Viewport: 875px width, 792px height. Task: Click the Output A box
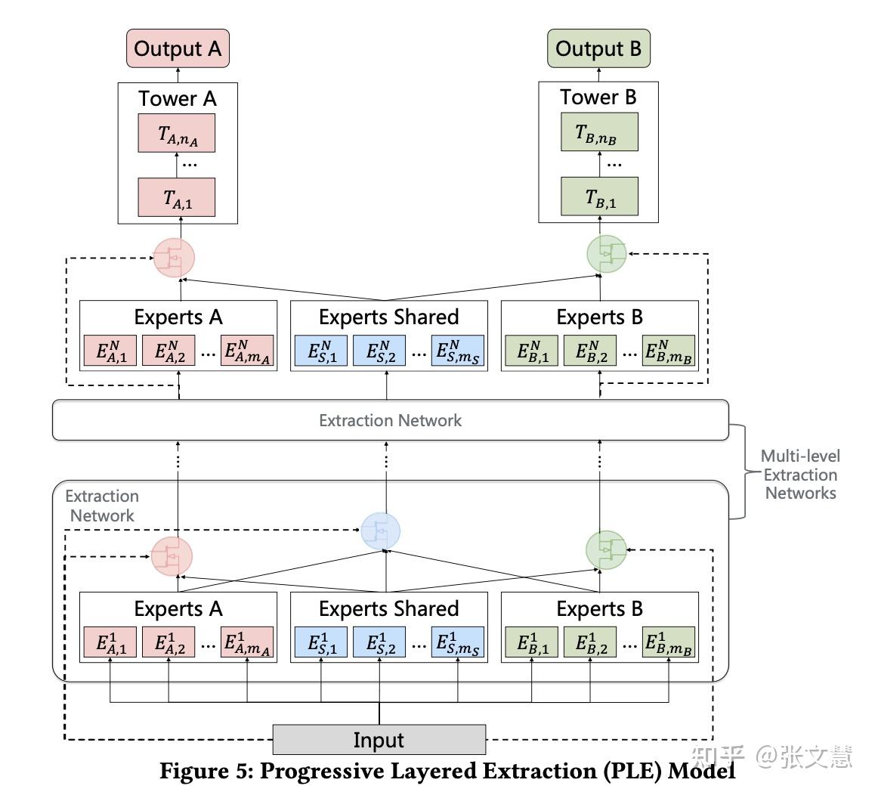(178, 48)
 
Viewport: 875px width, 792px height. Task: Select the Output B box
(598, 48)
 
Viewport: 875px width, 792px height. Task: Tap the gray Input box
(379, 740)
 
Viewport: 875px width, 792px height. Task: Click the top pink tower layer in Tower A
(177, 134)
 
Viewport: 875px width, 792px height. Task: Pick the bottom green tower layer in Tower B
(599, 196)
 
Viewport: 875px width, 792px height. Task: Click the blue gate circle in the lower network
(381, 531)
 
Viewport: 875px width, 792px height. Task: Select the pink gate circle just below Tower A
(174, 258)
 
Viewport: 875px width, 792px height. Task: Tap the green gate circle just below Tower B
(608, 254)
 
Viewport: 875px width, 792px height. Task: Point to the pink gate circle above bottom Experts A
(172, 556)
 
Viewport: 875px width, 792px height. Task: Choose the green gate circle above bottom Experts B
(606, 549)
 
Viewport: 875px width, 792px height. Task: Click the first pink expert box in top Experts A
(110, 351)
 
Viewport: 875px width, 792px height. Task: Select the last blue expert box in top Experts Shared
(458, 351)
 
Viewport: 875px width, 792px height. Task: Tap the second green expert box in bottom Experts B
(590, 642)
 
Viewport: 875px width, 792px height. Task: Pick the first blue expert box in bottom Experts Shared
(321, 642)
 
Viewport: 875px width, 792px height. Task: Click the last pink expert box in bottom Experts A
(247, 642)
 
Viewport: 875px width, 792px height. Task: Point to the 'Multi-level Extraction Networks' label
(801, 475)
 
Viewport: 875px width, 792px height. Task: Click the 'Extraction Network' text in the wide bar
(391, 420)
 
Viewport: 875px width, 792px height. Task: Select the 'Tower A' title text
(178, 99)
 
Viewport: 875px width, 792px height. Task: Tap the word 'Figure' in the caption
(195, 772)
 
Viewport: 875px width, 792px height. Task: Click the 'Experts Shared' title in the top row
(389, 317)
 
